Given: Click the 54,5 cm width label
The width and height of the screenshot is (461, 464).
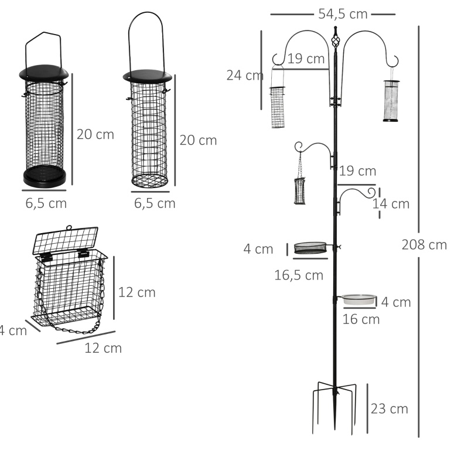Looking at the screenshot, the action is (x=343, y=14).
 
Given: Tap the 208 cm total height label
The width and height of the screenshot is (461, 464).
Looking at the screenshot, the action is (x=424, y=245).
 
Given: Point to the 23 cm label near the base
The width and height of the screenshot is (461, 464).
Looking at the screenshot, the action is (x=389, y=409).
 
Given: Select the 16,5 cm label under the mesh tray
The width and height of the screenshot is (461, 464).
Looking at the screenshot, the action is (x=299, y=275).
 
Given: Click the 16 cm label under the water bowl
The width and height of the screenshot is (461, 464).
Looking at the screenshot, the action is (x=361, y=319).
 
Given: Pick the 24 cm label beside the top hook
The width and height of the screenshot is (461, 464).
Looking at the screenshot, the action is (x=245, y=76).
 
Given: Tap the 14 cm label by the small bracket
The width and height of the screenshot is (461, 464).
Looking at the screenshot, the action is (x=391, y=204).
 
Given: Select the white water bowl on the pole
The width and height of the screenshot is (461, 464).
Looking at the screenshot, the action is (x=359, y=299).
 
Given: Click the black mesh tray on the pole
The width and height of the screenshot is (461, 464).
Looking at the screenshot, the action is (x=310, y=248).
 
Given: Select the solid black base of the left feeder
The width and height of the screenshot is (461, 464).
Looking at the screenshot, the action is (x=45, y=176).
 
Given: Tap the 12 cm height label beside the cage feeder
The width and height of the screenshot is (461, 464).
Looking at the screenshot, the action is (x=136, y=293).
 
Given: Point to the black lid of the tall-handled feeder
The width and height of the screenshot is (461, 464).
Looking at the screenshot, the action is (x=148, y=76).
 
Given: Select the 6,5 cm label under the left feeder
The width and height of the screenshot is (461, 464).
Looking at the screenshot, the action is (x=46, y=204).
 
